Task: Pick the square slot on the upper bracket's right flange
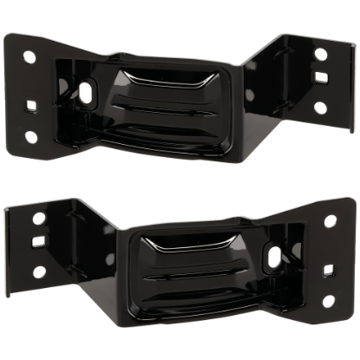pos(321,84)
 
